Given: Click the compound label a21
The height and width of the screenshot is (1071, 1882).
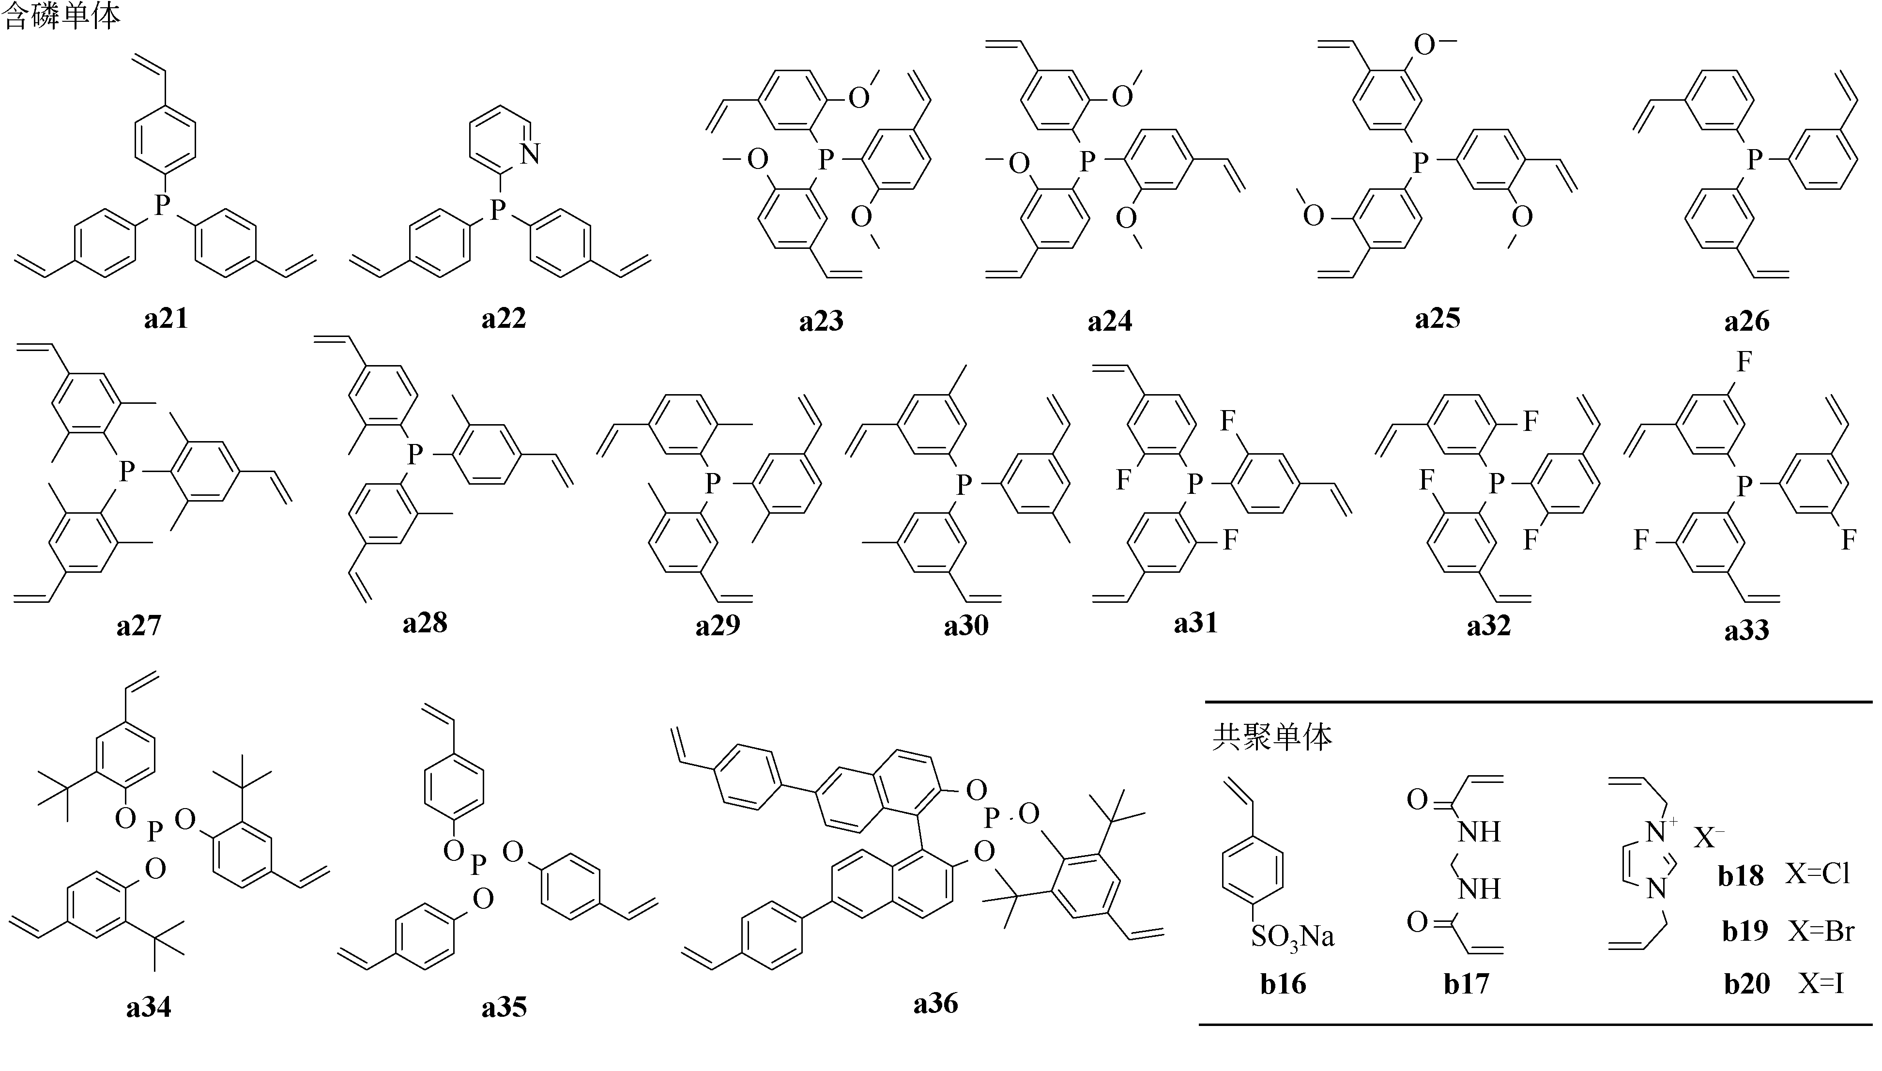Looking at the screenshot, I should pos(166,319).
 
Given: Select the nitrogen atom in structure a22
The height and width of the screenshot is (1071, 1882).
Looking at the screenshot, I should pos(530,154).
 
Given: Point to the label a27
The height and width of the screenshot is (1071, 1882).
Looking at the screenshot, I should pos(138,625).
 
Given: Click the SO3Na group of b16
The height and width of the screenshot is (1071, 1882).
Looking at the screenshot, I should pos(1292,936).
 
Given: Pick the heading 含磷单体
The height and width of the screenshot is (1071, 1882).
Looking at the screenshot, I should pos(62,16).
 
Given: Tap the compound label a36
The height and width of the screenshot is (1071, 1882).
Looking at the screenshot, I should pos(935,1003).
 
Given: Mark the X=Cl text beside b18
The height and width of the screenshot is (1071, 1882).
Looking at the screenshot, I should pos(1817,874).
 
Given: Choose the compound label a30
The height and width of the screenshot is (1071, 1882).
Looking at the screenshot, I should pos(966,625).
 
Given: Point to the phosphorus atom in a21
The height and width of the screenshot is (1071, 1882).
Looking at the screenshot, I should pos(163,205).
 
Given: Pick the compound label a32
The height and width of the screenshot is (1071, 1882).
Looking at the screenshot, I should pos(1488,625).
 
